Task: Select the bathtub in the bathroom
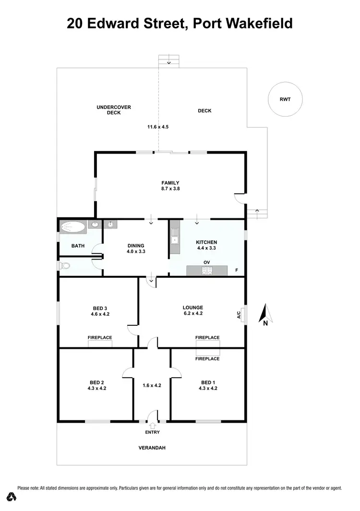click(73, 226)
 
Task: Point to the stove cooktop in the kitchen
click(207, 271)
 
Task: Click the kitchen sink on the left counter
click(174, 240)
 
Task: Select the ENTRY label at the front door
click(153, 432)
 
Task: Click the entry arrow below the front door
click(153, 425)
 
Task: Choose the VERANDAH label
click(152, 448)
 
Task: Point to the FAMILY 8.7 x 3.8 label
click(170, 186)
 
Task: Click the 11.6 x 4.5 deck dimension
click(158, 127)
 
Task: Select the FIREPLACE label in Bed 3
click(100, 337)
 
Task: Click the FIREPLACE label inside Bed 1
click(207, 358)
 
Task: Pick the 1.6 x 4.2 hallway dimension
click(152, 385)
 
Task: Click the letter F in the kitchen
click(236, 271)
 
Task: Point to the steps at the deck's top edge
click(168, 61)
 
